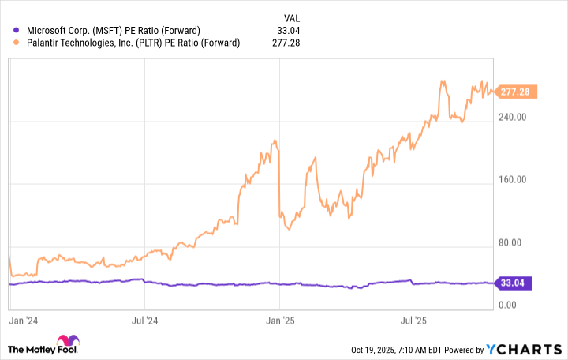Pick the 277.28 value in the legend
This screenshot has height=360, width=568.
(x=289, y=43)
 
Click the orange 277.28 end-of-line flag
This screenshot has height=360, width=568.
(x=518, y=92)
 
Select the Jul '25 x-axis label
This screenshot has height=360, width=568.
(x=414, y=321)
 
